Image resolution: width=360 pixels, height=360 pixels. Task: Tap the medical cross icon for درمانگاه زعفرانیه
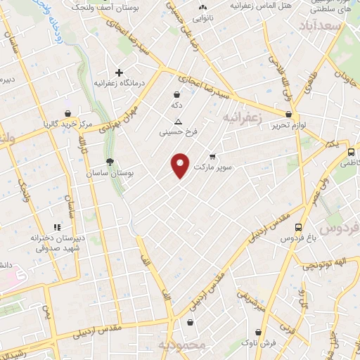(120, 72)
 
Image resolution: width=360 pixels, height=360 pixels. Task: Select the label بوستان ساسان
(110, 172)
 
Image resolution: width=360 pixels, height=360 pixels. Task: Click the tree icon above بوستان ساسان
(110, 162)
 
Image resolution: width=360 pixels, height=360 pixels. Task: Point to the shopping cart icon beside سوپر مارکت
(212, 157)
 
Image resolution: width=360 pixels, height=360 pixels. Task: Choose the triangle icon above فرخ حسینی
(179, 121)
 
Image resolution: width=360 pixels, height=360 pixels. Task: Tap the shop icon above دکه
(176, 94)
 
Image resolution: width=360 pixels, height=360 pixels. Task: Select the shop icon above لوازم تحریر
(288, 114)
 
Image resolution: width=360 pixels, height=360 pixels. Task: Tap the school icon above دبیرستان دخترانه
(57, 227)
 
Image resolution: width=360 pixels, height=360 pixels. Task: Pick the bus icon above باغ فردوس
(299, 228)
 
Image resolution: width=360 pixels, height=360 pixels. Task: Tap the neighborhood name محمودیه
(181, 345)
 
